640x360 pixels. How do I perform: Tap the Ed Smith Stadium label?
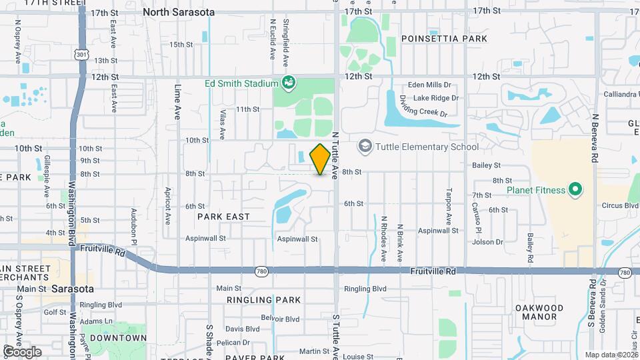[x=241, y=83]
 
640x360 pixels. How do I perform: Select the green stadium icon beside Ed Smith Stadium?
[x=289, y=83]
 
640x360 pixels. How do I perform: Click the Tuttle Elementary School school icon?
[x=365, y=145]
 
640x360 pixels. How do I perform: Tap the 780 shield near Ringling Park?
[x=261, y=271]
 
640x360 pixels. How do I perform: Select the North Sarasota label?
[x=179, y=12]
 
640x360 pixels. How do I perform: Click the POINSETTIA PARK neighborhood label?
[x=445, y=39]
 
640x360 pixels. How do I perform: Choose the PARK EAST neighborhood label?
[x=223, y=217]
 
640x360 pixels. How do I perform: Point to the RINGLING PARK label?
[x=263, y=300]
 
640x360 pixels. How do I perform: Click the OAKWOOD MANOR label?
[x=539, y=312]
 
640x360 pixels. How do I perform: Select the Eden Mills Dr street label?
[x=429, y=85]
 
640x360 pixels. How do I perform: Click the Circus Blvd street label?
[x=619, y=206]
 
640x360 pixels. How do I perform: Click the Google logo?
[x=22, y=351]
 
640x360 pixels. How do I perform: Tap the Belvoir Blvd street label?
[x=281, y=318]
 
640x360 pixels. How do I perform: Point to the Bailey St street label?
[x=486, y=165]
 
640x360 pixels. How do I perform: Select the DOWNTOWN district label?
[x=118, y=338]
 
